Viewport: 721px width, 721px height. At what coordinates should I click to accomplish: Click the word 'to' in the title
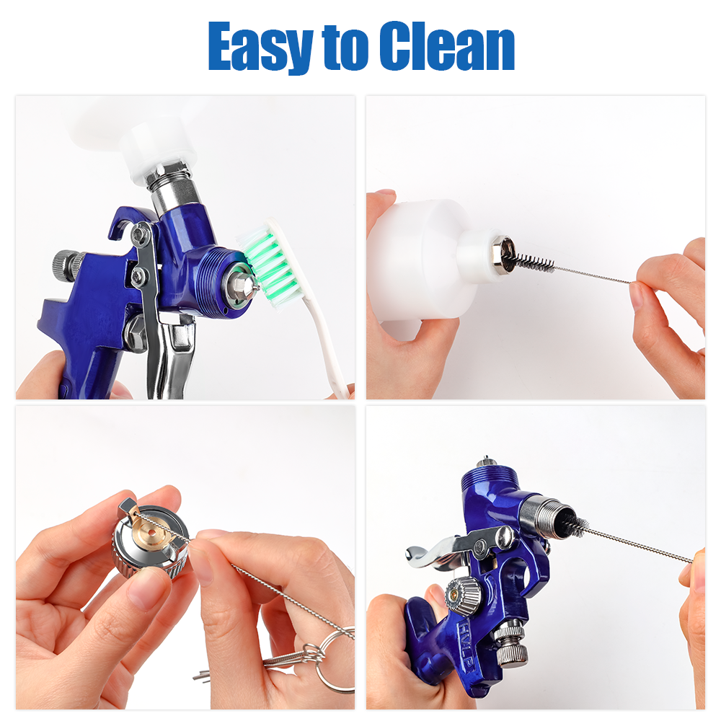coord(345,48)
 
